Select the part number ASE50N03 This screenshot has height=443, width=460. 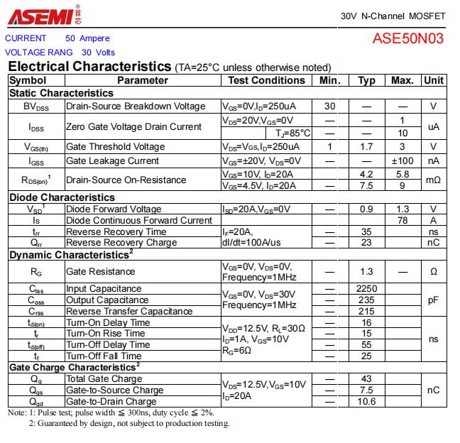(x=408, y=38)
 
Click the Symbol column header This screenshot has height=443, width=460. (x=28, y=80)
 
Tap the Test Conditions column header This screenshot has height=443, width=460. (x=266, y=80)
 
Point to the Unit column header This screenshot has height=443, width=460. (x=434, y=80)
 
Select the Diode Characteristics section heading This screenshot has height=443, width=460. (x=62, y=197)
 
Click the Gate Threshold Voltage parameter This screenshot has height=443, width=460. (x=115, y=147)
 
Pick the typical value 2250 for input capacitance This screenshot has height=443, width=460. (x=367, y=289)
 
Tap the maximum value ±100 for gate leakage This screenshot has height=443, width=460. (x=402, y=161)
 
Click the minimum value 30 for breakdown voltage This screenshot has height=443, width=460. (x=330, y=106)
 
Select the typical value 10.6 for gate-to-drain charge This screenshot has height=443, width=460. (x=367, y=402)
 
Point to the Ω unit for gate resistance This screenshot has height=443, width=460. (x=434, y=272)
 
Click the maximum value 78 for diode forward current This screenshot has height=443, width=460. (x=402, y=220)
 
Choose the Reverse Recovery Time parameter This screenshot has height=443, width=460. (x=116, y=231)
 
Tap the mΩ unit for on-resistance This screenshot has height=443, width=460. (x=434, y=180)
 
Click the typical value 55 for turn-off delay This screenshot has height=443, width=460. (x=367, y=345)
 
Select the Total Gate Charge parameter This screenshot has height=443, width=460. (x=104, y=379)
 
